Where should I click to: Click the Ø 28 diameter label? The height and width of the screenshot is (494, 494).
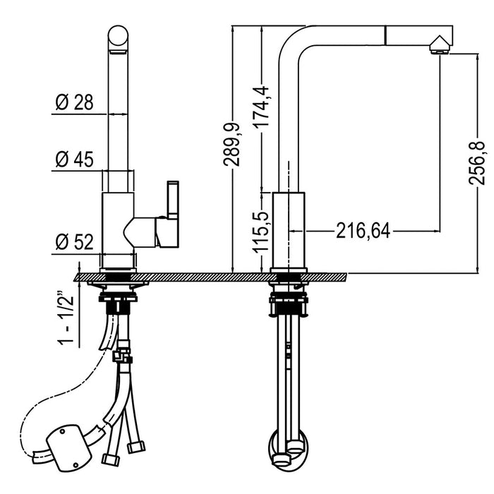tap(73, 103)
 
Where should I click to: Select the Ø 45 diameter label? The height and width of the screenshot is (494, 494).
tap(73, 160)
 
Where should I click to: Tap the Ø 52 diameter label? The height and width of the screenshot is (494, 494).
tap(73, 243)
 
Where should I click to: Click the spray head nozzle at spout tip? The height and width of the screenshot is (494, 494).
tap(438, 47)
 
